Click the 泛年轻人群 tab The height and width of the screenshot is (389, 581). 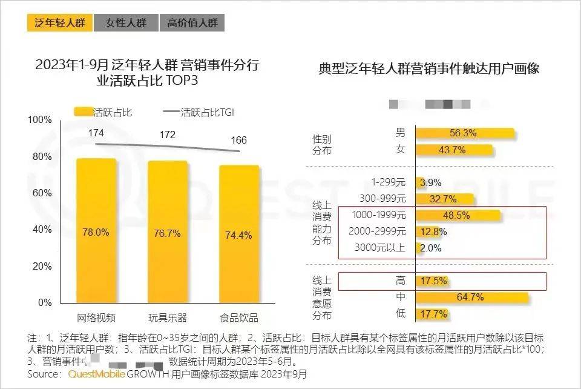(x=59, y=23)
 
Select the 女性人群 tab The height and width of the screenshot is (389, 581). (x=126, y=23)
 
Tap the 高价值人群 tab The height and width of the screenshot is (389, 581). (x=192, y=23)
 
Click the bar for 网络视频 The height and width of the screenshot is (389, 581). (x=96, y=230)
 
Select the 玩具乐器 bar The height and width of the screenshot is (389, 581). (x=168, y=231)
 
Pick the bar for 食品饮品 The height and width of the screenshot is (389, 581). (x=239, y=233)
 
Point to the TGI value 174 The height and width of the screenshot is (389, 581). (x=96, y=132)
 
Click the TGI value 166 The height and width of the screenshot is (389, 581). (x=239, y=141)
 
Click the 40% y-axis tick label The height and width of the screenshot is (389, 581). (x=42, y=230)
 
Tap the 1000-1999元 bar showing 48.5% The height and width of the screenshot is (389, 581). (x=458, y=215)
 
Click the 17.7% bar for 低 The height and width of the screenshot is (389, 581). (x=432, y=314)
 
